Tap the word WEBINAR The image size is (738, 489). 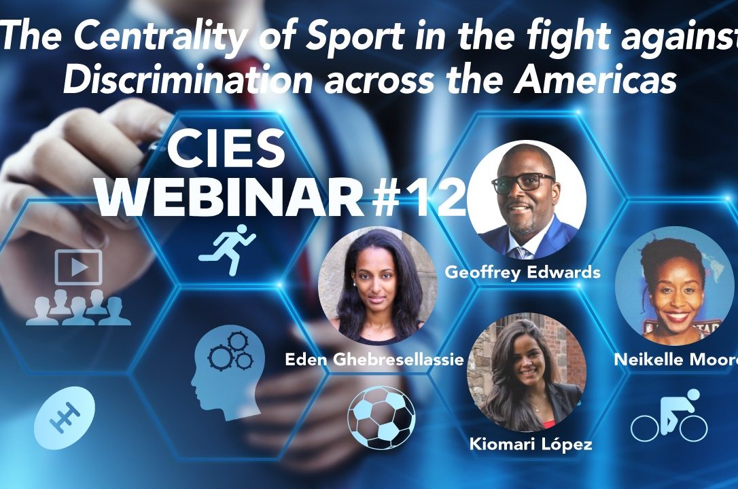(230, 198)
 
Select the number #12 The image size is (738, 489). (419, 198)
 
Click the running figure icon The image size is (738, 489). (228, 250)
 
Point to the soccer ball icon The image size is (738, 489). (381, 417)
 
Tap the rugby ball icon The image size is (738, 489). (65, 417)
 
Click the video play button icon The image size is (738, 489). (79, 267)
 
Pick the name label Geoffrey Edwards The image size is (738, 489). (523, 272)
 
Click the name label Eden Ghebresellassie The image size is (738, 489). (374, 360)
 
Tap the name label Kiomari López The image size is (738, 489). (531, 444)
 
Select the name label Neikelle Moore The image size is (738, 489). (676, 360)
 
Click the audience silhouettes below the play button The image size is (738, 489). (79, 307)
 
